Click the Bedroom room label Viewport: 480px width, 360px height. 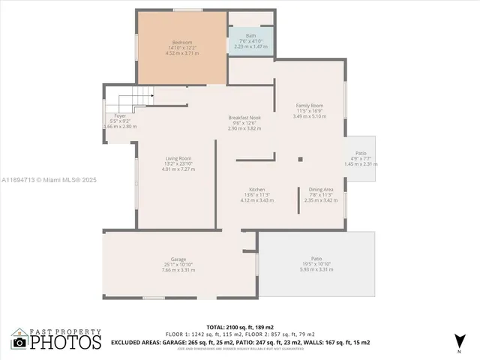(x=182, y=42)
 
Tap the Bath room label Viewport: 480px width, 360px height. (x=250, y=35)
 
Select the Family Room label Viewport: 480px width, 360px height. (x=309, y=106)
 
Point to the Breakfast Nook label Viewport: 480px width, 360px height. (x=244, y=118)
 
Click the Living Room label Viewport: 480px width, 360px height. (x=178, y=158)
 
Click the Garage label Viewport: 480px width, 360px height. (x=178, y=259)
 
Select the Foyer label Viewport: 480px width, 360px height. (x=119, y=115)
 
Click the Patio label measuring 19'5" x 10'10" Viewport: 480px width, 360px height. (x=316, y=259)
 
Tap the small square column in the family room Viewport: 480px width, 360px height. (x=300, y=159)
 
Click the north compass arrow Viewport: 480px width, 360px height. (x=458, y=342)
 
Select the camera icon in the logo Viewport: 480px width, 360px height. (x=19, y=342)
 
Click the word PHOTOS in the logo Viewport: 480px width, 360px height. (x=65, y=342)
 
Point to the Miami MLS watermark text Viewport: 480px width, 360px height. (x=49, y=180)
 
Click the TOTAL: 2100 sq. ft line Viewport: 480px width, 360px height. (x=239, y=327)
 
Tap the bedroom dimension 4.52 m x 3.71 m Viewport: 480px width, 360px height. (x=182, y=53)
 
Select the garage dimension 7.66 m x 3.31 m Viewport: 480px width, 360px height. (x=178, y=269)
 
